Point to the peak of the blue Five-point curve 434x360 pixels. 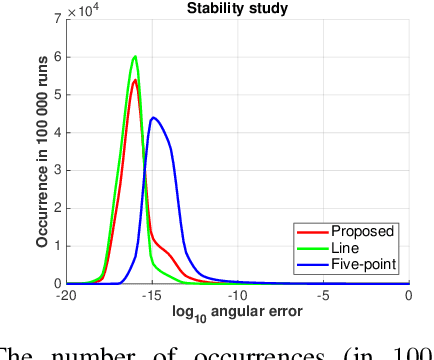pyautogui.click(x=153, y=118)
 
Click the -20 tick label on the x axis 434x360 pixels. pyautogui.click(x=66, y=296)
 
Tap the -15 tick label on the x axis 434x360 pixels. pyautogui.click(x=152, y=296)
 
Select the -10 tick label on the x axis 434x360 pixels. pyautogui.click(x=237, y=296)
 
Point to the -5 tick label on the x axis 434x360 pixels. pyautogui.click(x=323, y=296)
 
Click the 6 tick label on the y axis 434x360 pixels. pyautogui.click(x=57, y=56)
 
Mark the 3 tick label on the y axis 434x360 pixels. pyautogui.click(x=57, y=170)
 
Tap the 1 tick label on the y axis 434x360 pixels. pyautogui.click(x=57, y=246)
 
